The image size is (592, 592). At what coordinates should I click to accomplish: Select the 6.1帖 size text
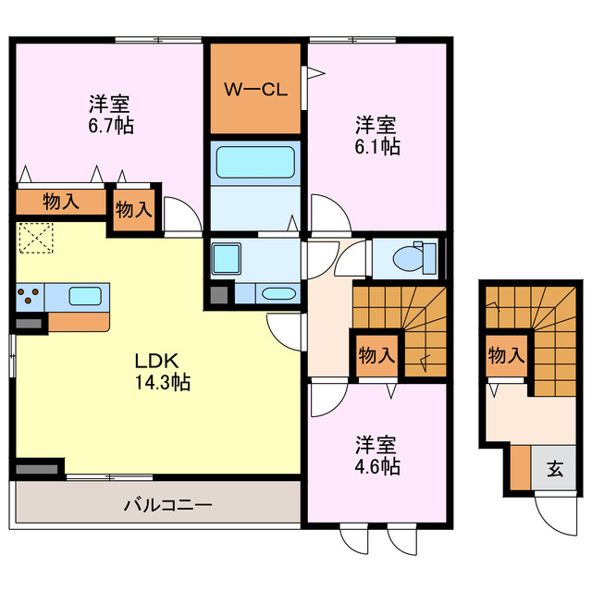point(377,146)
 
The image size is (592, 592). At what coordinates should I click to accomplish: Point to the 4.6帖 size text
point(377,466)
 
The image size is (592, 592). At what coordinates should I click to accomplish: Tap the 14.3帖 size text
point(156,381)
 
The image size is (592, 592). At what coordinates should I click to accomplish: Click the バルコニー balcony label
point(168,506)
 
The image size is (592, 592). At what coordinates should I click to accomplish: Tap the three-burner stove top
point(29,297)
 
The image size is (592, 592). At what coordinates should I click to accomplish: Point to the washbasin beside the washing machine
point(275,294)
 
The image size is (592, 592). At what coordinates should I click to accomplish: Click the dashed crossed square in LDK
point(37,238)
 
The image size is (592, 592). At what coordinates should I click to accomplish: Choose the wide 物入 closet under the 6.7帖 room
point(60,203)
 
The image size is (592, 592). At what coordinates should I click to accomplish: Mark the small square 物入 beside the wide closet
point(134,208)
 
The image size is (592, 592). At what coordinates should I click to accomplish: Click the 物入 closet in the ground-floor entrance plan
point(506,355)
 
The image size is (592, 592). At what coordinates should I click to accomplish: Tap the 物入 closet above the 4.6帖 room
point(376,355)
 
